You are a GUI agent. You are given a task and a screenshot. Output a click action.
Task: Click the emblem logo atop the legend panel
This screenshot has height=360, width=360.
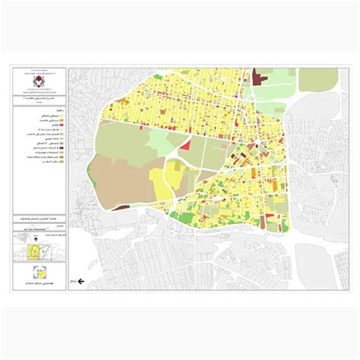coord(39,75)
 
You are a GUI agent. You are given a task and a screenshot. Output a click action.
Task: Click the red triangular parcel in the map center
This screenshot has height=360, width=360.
coord(186,144)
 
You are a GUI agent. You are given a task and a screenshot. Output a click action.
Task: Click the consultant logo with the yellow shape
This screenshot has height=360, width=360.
coord(39,274)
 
